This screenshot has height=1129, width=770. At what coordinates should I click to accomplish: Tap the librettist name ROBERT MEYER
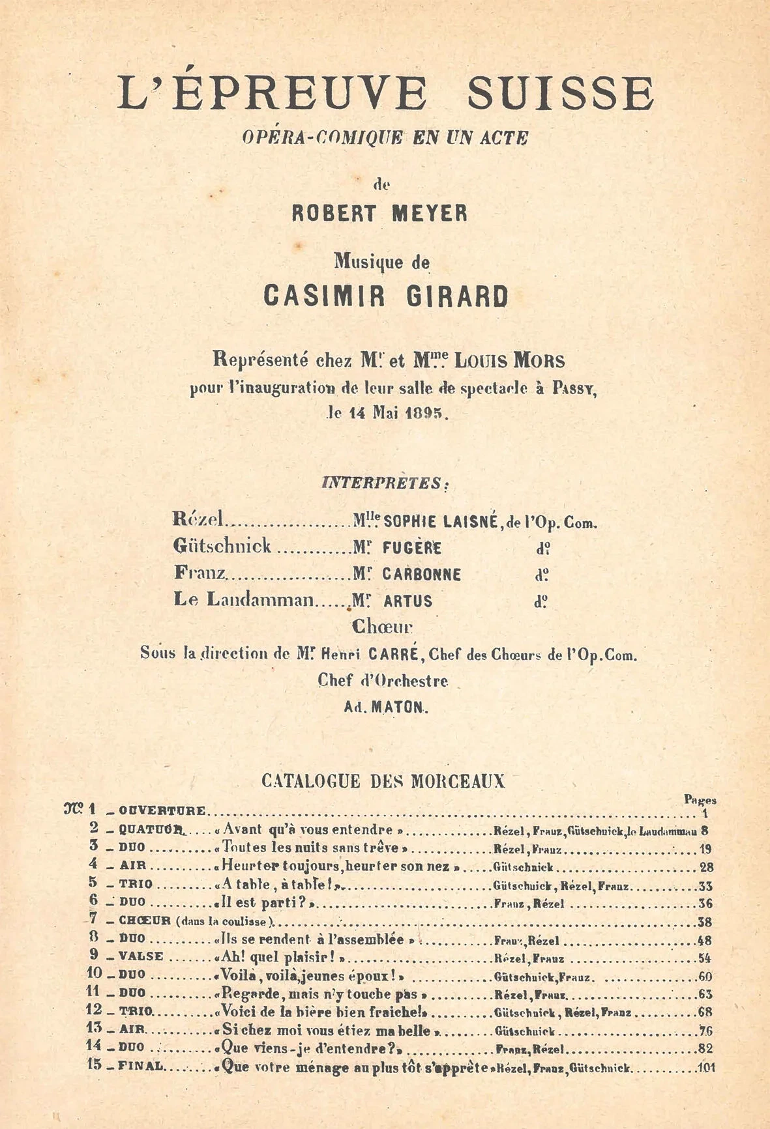pos(379,214)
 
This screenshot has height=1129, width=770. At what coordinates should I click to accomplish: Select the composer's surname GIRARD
pos(457,296)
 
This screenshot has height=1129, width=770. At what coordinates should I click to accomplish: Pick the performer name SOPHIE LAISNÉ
pos(441,522)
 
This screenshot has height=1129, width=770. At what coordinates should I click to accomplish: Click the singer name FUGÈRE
pos(411,548)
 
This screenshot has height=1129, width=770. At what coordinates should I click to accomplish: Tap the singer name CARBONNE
pos(421,575)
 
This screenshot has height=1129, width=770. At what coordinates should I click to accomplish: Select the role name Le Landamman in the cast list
pos(243,600)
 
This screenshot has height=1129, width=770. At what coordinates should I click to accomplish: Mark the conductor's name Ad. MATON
pos(385,707)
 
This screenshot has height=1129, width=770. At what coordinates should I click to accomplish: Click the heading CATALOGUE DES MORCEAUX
pos(383,781)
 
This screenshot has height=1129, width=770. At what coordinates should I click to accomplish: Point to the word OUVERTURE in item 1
pos(162,811)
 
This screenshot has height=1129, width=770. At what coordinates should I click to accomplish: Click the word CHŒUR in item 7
pos(145,921)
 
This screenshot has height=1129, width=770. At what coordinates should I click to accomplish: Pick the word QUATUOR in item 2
pos(151,830)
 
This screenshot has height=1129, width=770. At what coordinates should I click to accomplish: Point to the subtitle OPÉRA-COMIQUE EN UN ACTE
pos(385,137)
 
